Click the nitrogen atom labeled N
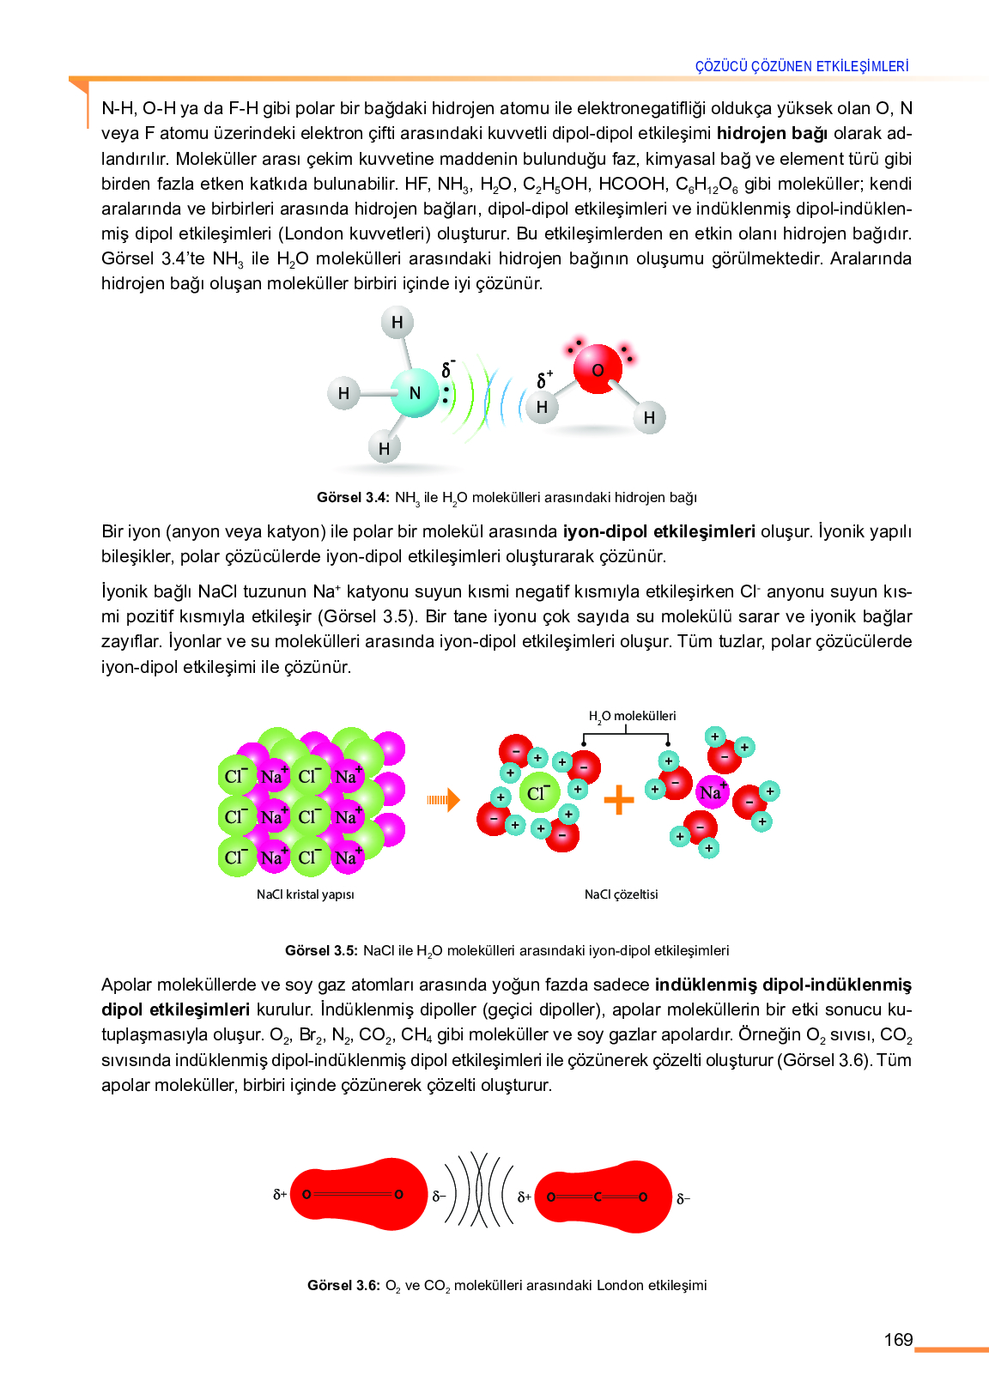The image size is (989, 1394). tap(415, 393)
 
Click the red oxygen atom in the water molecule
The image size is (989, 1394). tap(598, 369)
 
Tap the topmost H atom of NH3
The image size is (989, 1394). tap(397, 323)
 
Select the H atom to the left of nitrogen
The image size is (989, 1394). tap(343, 393)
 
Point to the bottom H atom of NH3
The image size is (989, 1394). tap(384, 448)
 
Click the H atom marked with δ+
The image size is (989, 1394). tap(542, 407)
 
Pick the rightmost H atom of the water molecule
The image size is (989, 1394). tap(649, 418)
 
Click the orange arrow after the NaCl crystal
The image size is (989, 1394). tap(443, 800)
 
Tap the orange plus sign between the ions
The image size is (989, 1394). tap(618, 800)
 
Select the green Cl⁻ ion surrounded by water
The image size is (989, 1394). tap(538, 793)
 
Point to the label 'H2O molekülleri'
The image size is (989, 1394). tap(632, 716)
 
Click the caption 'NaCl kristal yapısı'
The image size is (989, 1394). tap(305, 894)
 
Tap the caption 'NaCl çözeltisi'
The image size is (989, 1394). tap(621, 894)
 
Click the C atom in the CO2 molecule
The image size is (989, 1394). tap(598, 1197)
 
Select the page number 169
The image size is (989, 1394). tap(898, 1340)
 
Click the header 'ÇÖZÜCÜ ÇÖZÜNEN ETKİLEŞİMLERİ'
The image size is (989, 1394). tap(802, 66)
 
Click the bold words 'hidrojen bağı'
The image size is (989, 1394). tap(772, 133)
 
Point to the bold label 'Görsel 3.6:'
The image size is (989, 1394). tap(343, 1285)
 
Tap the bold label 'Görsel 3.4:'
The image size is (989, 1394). tap(353, 497)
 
